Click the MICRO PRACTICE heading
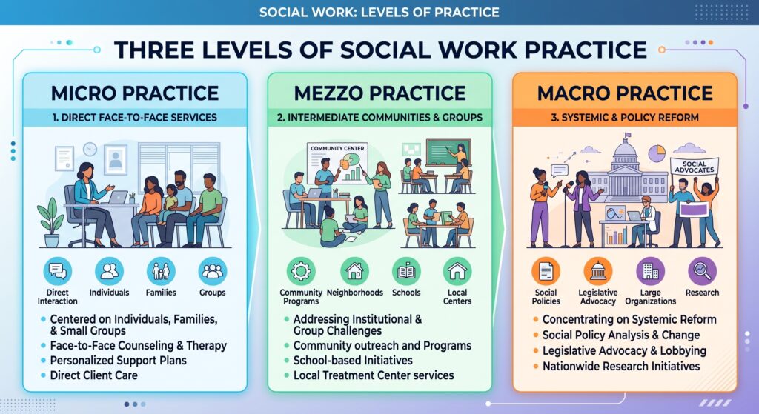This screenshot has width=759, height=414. [x=135, y=93]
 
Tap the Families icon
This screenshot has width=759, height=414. [x=161, y=271]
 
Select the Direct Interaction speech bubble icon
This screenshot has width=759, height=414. [x=58, y=271]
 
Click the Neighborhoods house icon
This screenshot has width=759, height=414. [x=355, y=271]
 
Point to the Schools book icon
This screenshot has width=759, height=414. [x=406, y=271]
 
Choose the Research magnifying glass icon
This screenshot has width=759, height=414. [x=702, y=271]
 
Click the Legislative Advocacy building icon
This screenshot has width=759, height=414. [x=598, y=271]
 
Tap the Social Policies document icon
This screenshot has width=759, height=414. [x=546, y=271]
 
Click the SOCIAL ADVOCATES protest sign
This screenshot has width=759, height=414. [x=694, y=167]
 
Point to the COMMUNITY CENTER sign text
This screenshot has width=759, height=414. [x=337, y=148]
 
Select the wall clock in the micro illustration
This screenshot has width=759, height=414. [x=90, y=149]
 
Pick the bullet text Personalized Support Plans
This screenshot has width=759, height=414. [x=118, y=361]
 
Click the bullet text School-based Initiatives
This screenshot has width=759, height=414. [x=353, y=361]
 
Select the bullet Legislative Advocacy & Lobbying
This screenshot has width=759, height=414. [x=624, y=350]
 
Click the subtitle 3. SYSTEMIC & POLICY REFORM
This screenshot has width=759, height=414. [x=624, y=118]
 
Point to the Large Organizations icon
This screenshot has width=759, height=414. [x=650, y=271]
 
